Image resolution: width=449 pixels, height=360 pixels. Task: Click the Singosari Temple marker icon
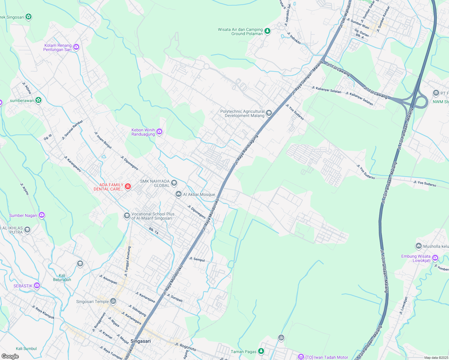pos(113,301)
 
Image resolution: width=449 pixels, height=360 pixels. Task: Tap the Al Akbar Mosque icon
pos(178,194)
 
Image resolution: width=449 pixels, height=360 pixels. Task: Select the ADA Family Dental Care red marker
pos(128,187)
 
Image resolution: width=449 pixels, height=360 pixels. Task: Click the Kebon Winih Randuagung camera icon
pos(159,131)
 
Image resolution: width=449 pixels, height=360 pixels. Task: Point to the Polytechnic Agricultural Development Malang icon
pos(269,113)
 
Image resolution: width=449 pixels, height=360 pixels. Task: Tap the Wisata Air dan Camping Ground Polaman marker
pos(267,31)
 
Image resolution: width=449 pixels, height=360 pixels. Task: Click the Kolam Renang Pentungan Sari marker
pos(76,47)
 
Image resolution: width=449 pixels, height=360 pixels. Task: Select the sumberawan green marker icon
pos(38,100)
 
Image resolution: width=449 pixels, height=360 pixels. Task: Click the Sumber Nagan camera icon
pos(42,215)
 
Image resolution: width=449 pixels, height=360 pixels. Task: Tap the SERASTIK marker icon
pos(37,285)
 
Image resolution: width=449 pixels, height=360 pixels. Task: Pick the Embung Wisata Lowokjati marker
pos(435,258)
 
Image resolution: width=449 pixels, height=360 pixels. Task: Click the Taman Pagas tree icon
pos(261,351)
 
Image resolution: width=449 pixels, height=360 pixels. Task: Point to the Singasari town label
pos(140,341)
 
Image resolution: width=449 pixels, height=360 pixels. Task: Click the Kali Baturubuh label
pos(62,277)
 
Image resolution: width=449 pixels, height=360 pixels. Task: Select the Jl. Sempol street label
pos(197,259)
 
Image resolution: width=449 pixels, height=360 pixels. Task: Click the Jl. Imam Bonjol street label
pos(103,140)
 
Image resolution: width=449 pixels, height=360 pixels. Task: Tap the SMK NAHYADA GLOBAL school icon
pos(174,183)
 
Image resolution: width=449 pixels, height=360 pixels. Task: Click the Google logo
pos(10,356)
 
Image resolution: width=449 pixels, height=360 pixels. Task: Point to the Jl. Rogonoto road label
pos(185,347)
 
